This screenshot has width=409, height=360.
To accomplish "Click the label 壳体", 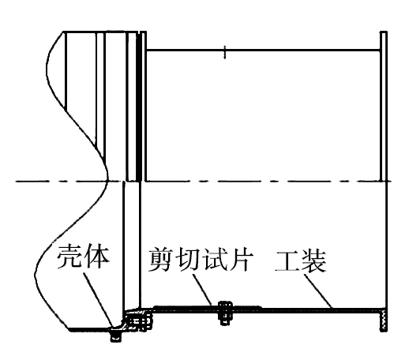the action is tap(84, 257).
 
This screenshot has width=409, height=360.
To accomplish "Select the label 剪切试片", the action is tap(201, 259).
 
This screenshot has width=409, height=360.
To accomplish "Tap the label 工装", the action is tap(301, 261).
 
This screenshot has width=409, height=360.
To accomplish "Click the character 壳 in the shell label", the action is tap(70, 257).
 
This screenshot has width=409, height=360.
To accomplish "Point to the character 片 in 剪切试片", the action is tap(242, 260).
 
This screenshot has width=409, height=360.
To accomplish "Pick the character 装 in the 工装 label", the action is tap(314, 261).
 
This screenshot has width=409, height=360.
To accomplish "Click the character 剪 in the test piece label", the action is tap(161, 259).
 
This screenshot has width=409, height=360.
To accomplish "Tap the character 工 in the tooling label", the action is tap(287, 261).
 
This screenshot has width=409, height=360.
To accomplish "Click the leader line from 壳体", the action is tap(99, 300).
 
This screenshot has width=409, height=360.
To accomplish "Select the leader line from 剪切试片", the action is tap(202, 290).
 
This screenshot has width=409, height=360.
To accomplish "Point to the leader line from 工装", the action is tap(317, 291).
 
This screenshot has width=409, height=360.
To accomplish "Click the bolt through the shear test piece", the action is tap(225, 313).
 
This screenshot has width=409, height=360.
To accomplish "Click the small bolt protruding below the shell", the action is tap(116, 336).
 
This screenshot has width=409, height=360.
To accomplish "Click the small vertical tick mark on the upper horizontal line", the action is tap(224, 52).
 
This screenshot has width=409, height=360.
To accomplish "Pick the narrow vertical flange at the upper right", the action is tap(384, 106).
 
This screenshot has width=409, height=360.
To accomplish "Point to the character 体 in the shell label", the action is tap(96, 257).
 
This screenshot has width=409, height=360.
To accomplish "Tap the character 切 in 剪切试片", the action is tap(188, 260).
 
